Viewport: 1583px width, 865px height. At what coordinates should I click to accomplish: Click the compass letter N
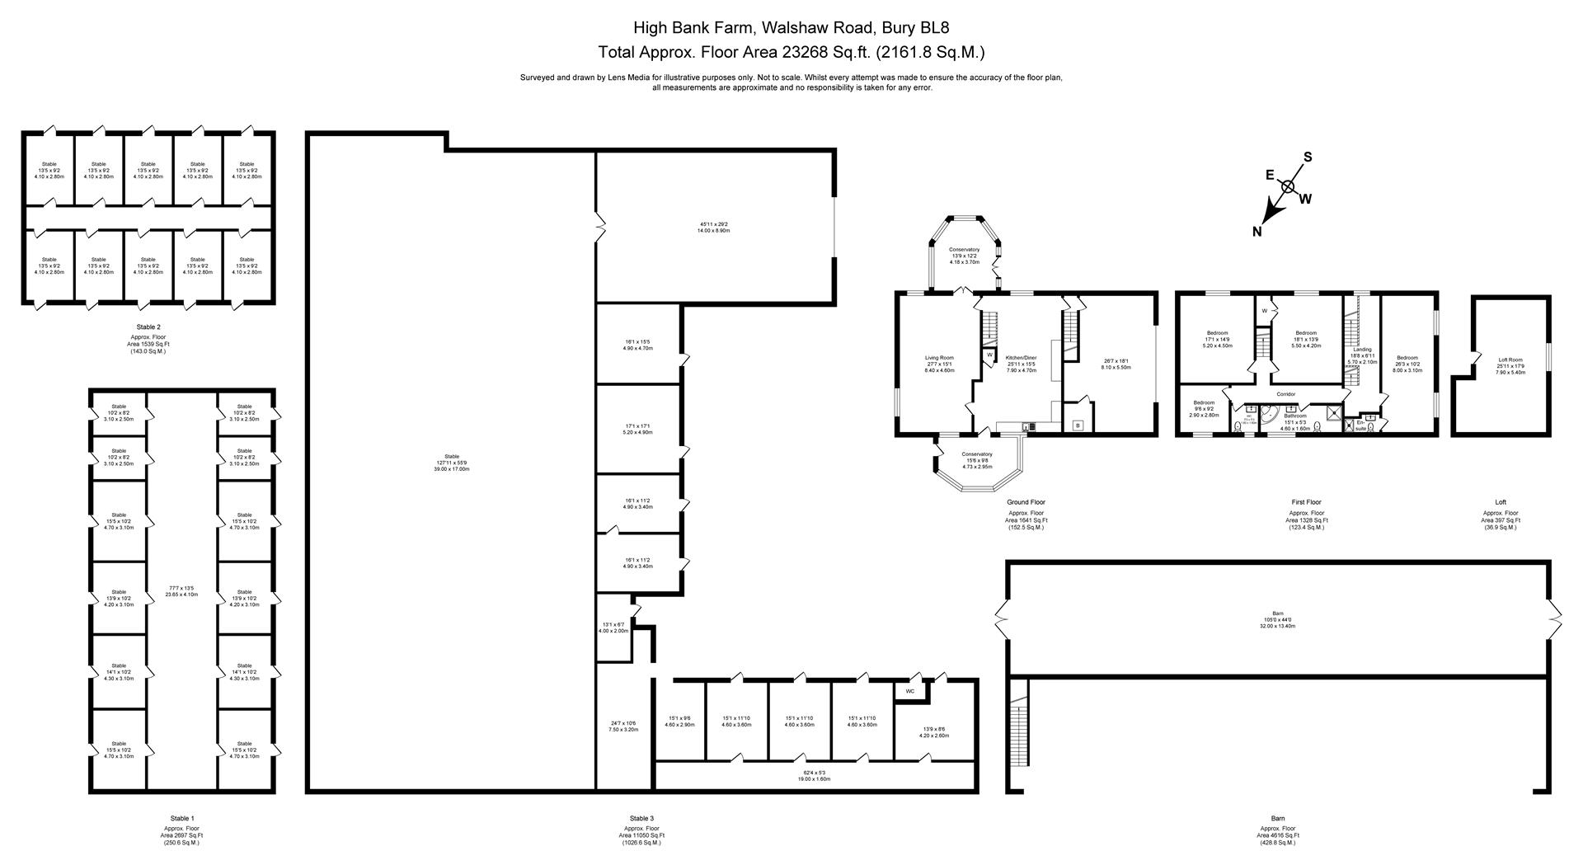tap(1257, 232)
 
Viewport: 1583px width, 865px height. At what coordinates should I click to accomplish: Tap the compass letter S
tap(1308, 157)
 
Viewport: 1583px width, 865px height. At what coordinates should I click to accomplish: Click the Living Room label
tap(939, 358)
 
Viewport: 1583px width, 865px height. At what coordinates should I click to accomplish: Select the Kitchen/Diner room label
tap(1021, 358)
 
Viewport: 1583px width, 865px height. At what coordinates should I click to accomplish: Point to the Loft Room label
tap(1510, 360)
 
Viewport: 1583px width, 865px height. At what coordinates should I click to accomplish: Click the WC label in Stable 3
tap(910, 691)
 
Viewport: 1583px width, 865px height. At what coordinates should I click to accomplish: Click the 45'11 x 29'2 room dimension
tap(714, 224)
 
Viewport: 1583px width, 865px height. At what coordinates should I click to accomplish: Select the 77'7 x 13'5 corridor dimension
tap(181, 588)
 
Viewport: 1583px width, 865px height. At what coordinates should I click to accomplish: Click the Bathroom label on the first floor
tap(1294, 416)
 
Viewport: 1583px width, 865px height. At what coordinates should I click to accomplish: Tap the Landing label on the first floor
tap(1362, 350)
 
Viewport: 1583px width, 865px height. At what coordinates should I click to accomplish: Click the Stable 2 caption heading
tap(148, 327)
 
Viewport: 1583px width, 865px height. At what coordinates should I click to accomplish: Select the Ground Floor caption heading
tap(1026, 501)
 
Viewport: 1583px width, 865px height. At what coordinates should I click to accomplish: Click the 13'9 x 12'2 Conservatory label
tap(964, 250)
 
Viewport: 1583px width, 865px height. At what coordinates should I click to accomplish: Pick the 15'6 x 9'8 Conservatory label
tap(977, 454)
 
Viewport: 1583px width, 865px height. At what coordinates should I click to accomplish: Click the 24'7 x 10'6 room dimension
tap(623, 723)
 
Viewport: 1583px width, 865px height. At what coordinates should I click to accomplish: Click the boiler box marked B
tap(1077, 425)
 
